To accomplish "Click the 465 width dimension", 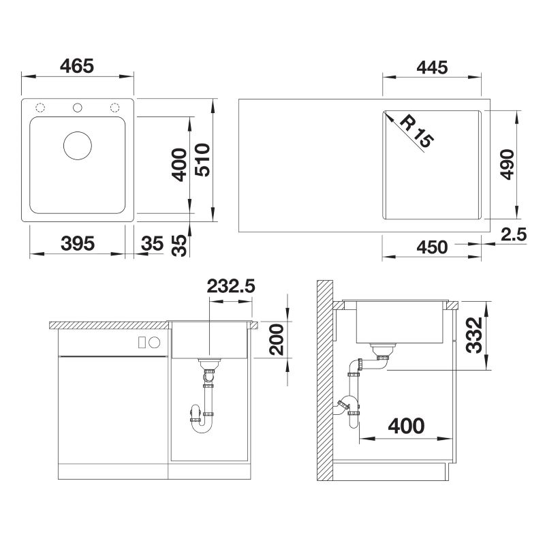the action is (x=77, y=65).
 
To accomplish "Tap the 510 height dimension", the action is (x=202, y=160).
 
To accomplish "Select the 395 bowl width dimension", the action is (x=78, y=243).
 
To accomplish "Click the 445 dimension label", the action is (x=432, y=67).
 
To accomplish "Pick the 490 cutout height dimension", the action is (x=507, y=164).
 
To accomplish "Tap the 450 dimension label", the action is (x=432, y=247).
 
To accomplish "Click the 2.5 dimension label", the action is (x=514, y=234).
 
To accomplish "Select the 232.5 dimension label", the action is (x=231, y=286).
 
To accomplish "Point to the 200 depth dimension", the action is (x=277, y=339).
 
